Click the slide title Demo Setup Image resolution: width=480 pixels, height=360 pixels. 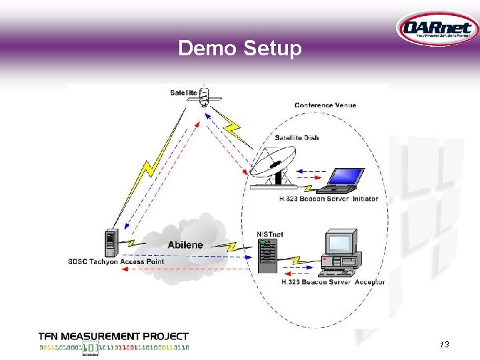pyautogui.click(x=240, y=48)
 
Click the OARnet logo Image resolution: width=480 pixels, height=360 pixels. pyautogui.click(x=437, y=29)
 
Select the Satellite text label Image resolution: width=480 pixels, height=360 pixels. pyautogui.click(x=183, y=93)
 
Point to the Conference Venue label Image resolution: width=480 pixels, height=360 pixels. pyautogui.click(x=325, y=105)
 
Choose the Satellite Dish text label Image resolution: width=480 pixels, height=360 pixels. pyautogui.click(x=297, y=138)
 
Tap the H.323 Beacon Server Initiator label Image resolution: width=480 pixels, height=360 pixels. pyautogui.click(x=329, y=199)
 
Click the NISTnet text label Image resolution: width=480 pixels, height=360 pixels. pyautogui.click(x=269, y=234)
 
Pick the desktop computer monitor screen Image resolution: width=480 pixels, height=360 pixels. pyautogui.click(x=339, y=244)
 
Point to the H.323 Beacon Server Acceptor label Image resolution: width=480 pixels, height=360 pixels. pyautogui.click(x=333, y=282)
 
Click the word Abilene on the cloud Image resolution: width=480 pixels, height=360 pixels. pyautogui.click(x=185, y=245)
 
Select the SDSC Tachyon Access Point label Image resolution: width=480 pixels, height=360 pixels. pyautogui.click(x=116, y=261)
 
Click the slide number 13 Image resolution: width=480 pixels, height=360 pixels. pyautogui.click(x=445, y=344)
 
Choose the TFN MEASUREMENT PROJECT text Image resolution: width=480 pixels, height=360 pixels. pyautogui.click(x=113, y=337)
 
